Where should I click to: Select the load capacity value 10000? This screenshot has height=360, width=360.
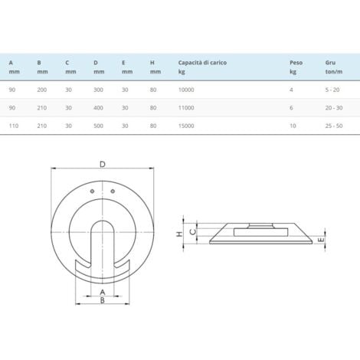[187, 90]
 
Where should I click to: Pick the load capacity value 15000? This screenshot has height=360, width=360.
[187, 125]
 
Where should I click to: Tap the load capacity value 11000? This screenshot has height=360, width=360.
[187, 107]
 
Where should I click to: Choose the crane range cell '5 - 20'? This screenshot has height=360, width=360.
[332, 90]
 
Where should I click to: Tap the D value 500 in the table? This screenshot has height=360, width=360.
[99, 125]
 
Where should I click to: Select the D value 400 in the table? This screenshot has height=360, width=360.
[99, 107]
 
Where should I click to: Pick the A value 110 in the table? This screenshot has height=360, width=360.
[13, 125]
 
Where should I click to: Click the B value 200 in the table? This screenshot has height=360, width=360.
[41, 90]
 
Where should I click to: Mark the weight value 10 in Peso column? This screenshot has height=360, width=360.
[293, 125]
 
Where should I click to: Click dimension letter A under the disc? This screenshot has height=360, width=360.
[102, 292]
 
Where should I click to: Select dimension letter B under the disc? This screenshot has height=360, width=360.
[102, 302]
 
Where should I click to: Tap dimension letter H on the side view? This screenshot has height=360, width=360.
[179, 234]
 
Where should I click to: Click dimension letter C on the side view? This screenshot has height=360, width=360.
[195, 229]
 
